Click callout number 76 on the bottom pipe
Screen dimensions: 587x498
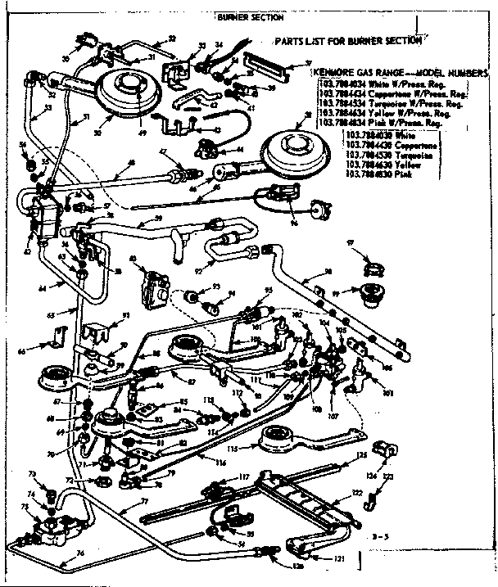click(x=80, y=553)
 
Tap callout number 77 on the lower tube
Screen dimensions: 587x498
click(x=144, y=501)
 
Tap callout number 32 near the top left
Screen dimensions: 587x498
click(x=172, y=38)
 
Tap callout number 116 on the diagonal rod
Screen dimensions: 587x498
click(x=220, y=463)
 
